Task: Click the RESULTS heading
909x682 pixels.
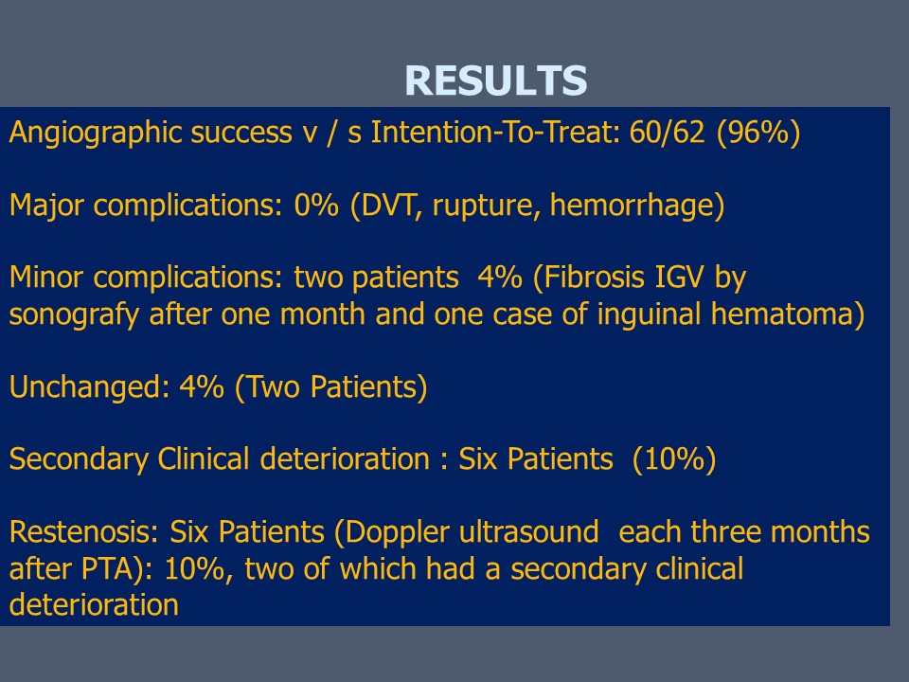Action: (x=495, y=80)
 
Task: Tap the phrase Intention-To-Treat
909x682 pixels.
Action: (x=495, y=133)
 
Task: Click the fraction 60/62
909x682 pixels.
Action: (x=667, y=133)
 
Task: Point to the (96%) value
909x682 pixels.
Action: (x=758, y=133)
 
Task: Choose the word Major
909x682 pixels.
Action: (x=47, y=206)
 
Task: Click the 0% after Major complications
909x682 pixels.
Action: (x=316, y=206)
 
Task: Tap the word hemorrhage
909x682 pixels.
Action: (x=633, y=206)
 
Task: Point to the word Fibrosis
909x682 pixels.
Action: (x=595, y=278)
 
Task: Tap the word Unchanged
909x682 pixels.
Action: (x=89, y=387)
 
